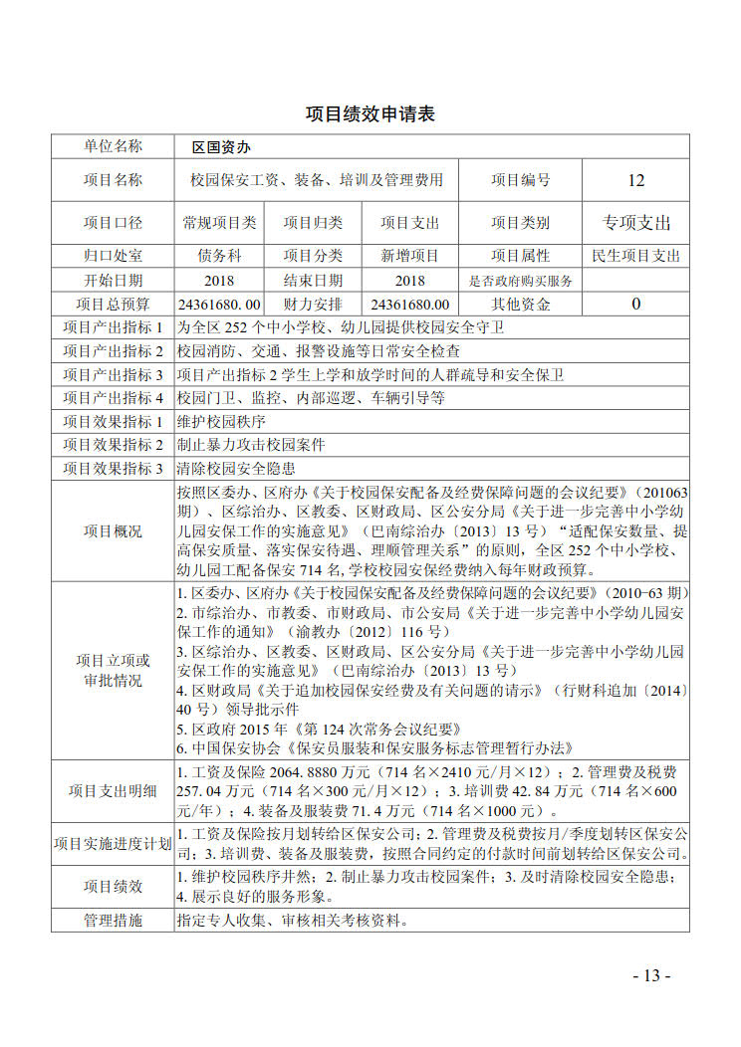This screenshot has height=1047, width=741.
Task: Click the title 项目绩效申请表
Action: tap(370, 114)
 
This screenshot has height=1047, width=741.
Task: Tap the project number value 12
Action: tap(636, 180)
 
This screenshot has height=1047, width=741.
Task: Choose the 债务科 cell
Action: tap(219, 256)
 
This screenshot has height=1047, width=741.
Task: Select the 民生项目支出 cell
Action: tap(636, 256)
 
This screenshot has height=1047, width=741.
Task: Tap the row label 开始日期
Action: tap(113, 281)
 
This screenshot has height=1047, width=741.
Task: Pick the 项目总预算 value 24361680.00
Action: tap(219, 305)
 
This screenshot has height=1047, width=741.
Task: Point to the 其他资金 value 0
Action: tap(636, 305)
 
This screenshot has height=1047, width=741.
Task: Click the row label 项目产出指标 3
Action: tap(113, 374)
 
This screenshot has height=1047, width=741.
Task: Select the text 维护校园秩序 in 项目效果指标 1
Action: tap(217, 421)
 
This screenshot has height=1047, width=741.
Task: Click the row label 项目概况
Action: tap(113, 530)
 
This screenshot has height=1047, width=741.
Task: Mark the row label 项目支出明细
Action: tap(113, 791)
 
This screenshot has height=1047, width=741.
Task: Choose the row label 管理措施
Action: tap(113, 920)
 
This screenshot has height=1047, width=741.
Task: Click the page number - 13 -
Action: tap(652, 975)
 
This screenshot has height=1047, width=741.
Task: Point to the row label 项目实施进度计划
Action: tap(113, 844)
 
